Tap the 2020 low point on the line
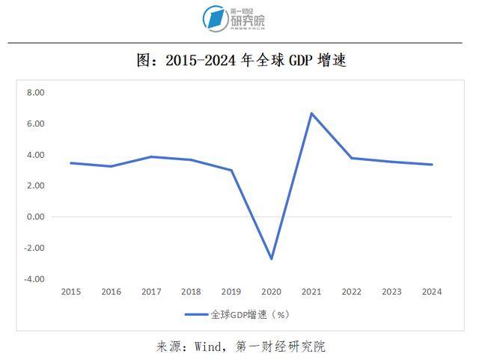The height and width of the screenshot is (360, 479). pyautogui.click(x=271, y=259)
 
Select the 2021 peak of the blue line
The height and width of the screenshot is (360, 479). pyautogui.click(x=311, y=113)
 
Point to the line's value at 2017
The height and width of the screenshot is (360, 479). pyautogui.click(x=151, y=156)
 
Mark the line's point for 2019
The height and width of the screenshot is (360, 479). pyautogui.click(x=231, y=170)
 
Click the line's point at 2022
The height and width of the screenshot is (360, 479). pyautogui.click(x=350, y=158)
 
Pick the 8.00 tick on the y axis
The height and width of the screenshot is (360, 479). pyautogui.click(x=35, y=93)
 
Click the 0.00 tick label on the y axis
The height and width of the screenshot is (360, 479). pyautogui.click(x=35, y=217)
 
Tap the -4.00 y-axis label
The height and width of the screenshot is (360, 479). pyautogui.click(x=34, y=279)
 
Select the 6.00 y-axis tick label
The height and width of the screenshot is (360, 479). pyautogui.click(x=35, y=123)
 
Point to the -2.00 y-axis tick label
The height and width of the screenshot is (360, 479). pyautogui.click(x=34, y=248)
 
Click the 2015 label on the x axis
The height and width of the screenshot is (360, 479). pyautogui.click(x=71, y=292)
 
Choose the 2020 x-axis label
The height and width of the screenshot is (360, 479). pyautogui.click(x=271, y=292)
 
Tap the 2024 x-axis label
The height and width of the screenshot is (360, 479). pyautogui.click(x=431, y=292)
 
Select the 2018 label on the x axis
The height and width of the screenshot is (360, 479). pyautogui.click(x=191, y=292)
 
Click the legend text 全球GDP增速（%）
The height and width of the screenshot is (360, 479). pyautogui.click(x=248, y=314)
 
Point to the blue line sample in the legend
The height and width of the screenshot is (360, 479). pyautogui.click(x=196, y=314)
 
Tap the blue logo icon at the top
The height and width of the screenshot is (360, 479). pyautogui.click(x=215, y=19)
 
